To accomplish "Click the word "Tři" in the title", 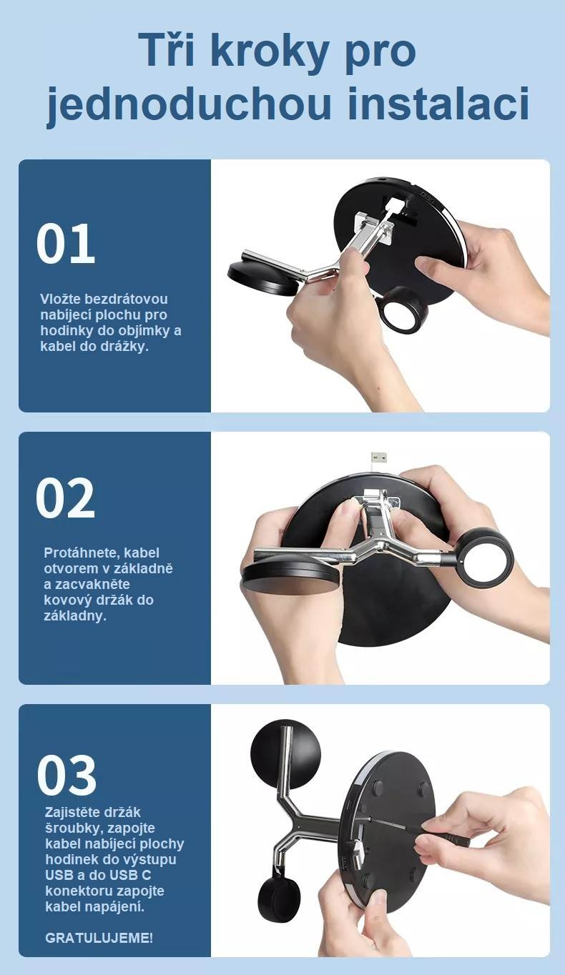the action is (171, 49).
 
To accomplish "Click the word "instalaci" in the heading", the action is (438, 103).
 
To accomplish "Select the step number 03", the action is (67, 776).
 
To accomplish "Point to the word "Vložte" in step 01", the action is (60, 299).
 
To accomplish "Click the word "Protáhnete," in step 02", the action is (82, 553).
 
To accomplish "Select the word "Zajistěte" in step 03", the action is (72, 812).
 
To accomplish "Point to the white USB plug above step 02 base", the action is (380, 457).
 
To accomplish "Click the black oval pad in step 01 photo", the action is (261, 279).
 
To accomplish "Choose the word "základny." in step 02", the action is (75, 616).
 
